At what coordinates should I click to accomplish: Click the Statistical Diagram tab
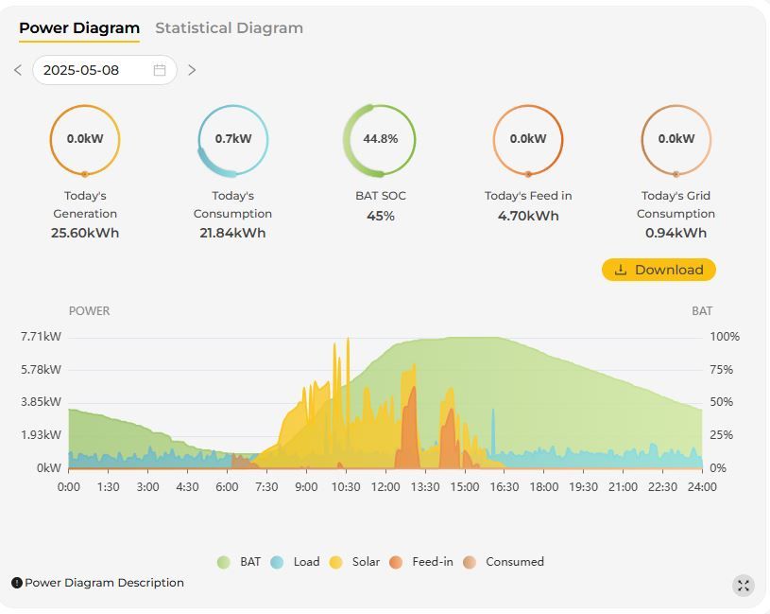coord(229,28)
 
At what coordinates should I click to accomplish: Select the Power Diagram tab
coord(79,28)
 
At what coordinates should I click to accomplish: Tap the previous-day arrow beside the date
coord(18,70)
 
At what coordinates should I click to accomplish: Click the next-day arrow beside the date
coord(192,70)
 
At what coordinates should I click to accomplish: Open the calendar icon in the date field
coord(160,70)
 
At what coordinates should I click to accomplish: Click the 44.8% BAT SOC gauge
coord(380,139)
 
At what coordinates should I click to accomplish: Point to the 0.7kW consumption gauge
coord(232,139)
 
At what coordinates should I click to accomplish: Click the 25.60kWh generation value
coord(85,233)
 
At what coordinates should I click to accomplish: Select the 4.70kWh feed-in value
coord(528,216)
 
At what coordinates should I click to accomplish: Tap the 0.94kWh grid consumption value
coord(676,233)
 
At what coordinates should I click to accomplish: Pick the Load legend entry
coord(296,562)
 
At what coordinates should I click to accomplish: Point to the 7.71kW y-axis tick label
coord(41,337)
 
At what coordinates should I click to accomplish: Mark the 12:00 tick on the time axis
coord(385,487)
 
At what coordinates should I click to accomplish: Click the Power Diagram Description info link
coord(98,583)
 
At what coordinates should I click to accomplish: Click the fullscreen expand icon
coord(744,586)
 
